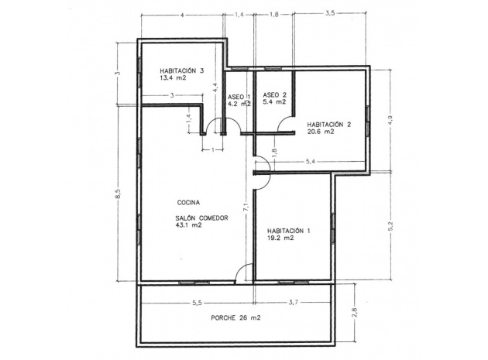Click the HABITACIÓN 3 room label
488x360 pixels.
click(182, 70)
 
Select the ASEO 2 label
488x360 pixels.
click(274, 94)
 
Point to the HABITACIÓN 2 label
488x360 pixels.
click(329, 125)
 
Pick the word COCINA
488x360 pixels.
click(188, 203)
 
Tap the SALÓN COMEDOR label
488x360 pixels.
click(201, 218)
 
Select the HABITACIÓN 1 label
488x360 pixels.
click(288, 231)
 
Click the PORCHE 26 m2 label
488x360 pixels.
click(235, 318)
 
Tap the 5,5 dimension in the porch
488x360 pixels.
click(198, 302)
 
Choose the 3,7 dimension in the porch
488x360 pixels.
click(294, 302)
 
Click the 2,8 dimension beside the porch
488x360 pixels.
click(355, 313)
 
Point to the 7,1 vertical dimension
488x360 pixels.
click(246, 207)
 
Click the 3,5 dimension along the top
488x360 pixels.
click(330, 14)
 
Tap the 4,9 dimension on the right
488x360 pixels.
click(390, 120)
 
